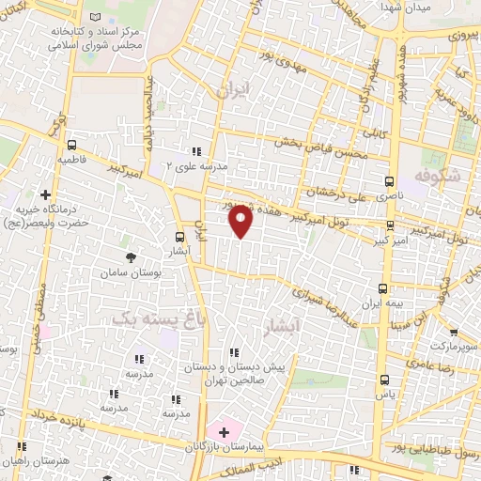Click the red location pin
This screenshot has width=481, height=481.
[x=240, y=221]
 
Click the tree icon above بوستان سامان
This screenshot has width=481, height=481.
[x=130, y=256]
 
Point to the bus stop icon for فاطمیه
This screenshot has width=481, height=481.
[x=71, y=145]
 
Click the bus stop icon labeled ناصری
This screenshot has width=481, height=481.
[x=390, y=181]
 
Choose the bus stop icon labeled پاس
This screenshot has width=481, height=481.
[x=384, y=380]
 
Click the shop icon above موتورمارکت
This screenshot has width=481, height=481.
[x=453, y=332]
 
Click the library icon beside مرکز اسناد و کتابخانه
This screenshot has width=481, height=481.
[x=94, y=18]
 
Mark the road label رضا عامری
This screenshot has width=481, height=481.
[x=431, y=361]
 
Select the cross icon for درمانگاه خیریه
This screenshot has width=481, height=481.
[x=45, y=194]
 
